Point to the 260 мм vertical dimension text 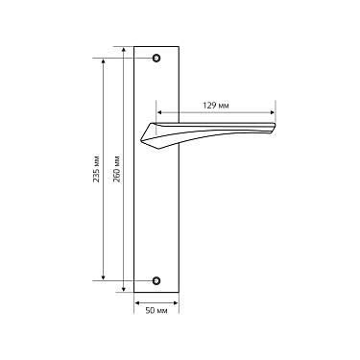point(117,170)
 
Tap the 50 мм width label point(156,311)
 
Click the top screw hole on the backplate point(157,58)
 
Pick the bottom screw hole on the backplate point(157,281)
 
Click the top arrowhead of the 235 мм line point(103,60)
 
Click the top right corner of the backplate point(179,45)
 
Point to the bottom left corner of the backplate point(135,294)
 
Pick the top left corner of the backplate point(135,45)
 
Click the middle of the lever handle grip point(216,132)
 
